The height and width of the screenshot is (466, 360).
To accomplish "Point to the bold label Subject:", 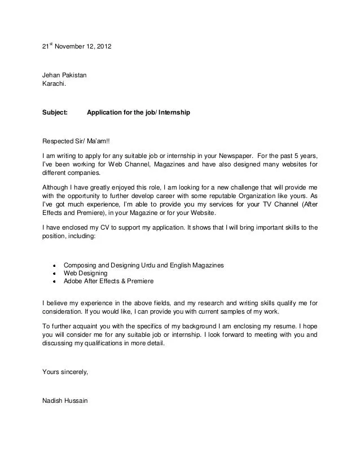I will click(55, 113).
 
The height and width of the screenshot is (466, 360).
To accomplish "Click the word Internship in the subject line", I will click(174, 113).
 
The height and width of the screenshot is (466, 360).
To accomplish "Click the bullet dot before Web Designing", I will click(52, 272).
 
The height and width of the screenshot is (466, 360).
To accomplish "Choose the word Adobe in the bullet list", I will click(73, 280).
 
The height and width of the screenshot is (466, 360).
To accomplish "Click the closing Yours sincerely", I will click(65, 372).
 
